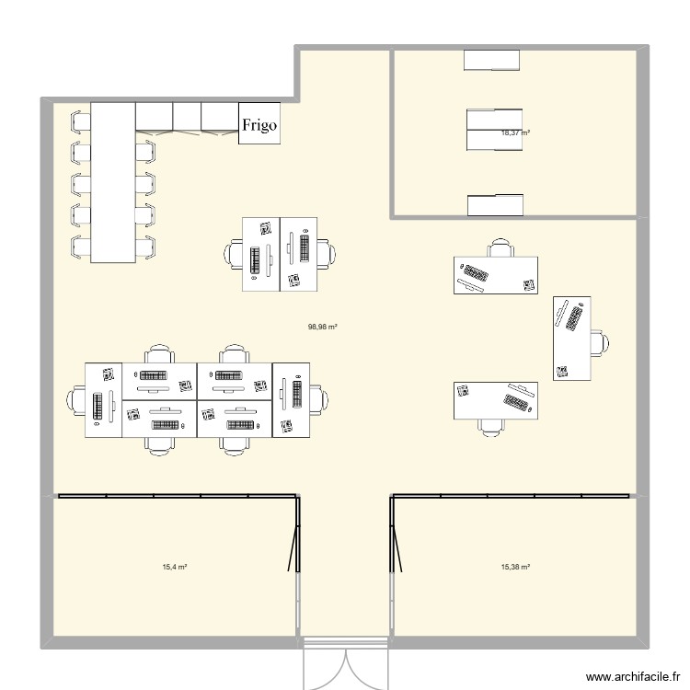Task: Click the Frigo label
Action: pos(259,126)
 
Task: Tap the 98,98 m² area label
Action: pos(322,326)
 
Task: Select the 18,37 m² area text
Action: pos(515,132)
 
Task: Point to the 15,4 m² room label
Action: pos(174,568)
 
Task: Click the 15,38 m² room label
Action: pos(515,568)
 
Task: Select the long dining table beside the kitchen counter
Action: pos(112,181)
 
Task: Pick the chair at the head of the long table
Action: pos(79,119)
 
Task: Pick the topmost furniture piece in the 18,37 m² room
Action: pos(492,60)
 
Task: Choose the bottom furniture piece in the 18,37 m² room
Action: pos(495,205)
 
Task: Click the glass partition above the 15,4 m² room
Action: pos(175,497)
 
